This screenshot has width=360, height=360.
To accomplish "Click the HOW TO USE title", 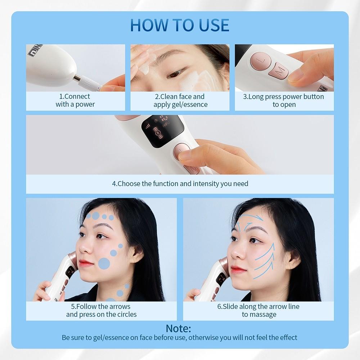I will tap(180, 24).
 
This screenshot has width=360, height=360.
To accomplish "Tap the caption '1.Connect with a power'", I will tap(75, 100).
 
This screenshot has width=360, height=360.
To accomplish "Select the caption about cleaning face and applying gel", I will tap(180, 100).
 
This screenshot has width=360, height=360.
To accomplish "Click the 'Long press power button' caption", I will tap(284, 100).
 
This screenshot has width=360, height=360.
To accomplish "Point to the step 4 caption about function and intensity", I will tap(180, 184).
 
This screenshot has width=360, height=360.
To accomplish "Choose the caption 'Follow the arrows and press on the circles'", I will tap(101, 310).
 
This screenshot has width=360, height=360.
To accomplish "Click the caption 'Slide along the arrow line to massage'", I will tap(258, 310).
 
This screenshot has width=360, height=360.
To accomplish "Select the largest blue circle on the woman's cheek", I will tap(104, 264).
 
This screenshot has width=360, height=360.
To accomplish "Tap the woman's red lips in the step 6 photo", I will tap(236, 269).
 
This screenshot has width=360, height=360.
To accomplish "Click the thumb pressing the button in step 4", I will tap(191, 153).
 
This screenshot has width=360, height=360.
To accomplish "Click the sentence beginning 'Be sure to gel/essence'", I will tap(180, 338).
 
